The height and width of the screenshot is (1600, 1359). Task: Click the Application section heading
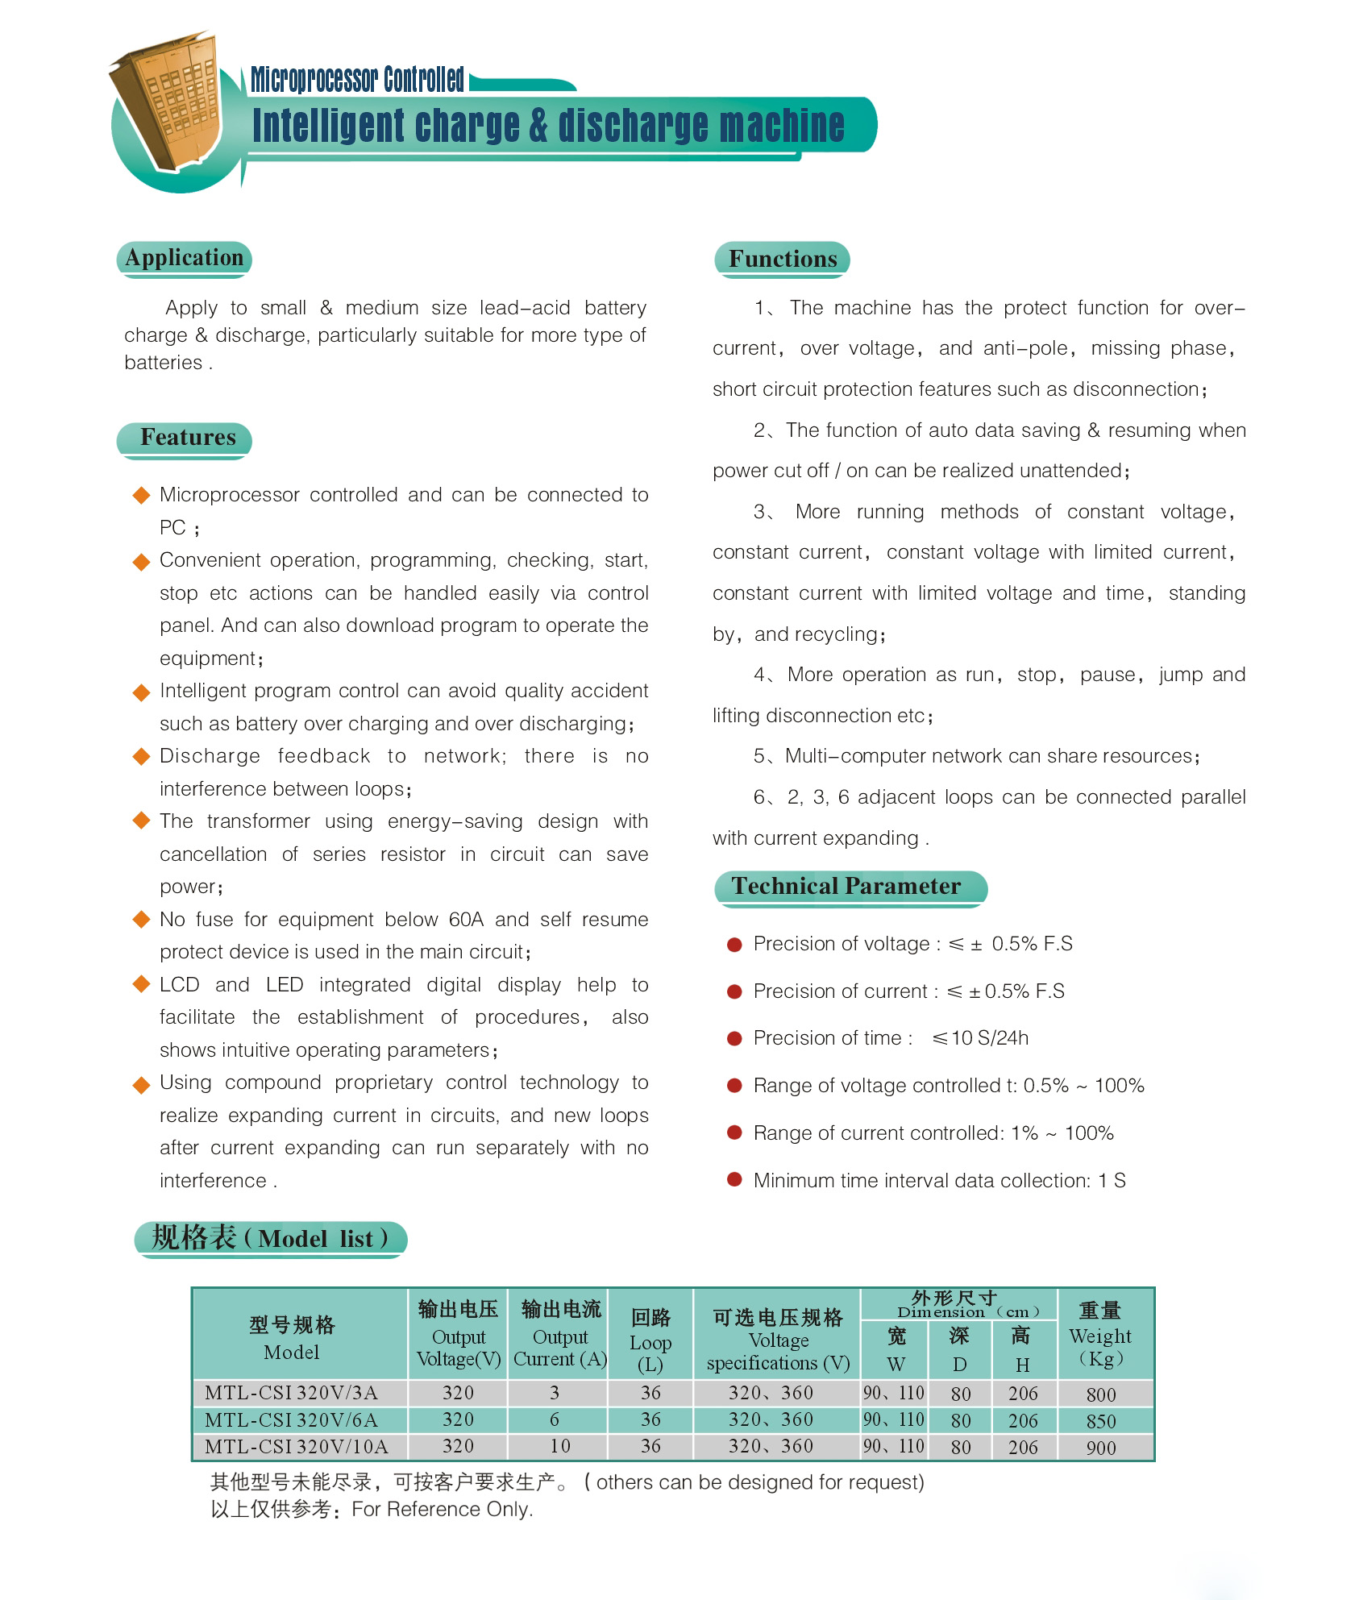click(184, 258)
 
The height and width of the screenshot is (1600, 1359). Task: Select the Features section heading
click(188, 438)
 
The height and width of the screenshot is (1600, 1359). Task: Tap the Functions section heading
click(783, 259)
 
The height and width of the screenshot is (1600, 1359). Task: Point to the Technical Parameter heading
click(846, 887)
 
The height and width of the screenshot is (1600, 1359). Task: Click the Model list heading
click(270, 1238)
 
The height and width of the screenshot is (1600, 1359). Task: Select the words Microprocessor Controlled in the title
click(357, 79)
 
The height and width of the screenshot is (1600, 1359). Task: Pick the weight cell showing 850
click(1100, 1421)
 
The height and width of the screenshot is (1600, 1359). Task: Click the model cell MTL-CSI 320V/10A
click(297, 1447)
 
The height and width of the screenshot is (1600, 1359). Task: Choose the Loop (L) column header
click(650, 1341)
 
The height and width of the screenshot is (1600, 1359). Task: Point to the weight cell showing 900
click(1100, 1448)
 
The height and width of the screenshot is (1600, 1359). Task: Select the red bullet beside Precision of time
click(734, 1039)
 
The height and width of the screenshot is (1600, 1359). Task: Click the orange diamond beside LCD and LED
click(142, 983)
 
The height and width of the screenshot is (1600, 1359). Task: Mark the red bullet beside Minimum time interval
click(734, 1180)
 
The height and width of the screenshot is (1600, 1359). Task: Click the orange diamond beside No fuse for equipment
click(142, 919)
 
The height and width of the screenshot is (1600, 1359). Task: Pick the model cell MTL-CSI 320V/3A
click(291, 1393)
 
